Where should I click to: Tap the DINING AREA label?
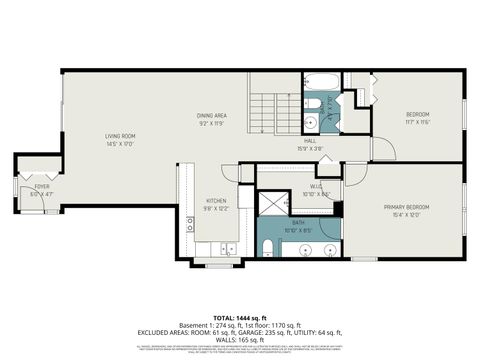click(211, 115)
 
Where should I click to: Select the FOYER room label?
click(41, 186)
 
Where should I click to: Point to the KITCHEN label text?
click(216, 200)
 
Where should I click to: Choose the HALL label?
click(311, 142)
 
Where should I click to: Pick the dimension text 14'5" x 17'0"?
click(121, 143)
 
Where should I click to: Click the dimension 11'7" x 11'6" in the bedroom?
click(417, 123)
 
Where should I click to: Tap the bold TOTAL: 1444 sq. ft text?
click(240, 317)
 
